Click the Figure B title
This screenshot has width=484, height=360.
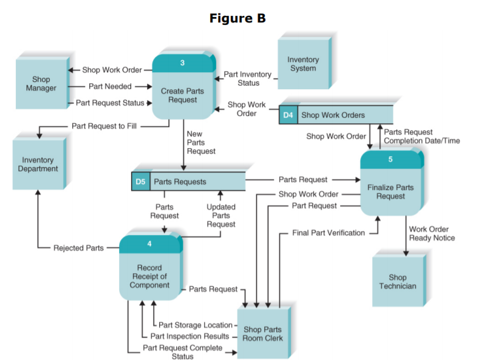(237, 18)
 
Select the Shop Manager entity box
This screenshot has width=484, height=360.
(41, 84)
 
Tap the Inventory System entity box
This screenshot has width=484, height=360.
(302, 64)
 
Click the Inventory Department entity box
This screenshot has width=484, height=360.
(38, 165)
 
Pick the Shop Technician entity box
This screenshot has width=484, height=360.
(398, 282)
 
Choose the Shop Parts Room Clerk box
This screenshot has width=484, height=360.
(262, 334)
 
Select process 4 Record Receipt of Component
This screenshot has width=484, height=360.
(149, 271)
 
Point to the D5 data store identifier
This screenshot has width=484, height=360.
(140, 181)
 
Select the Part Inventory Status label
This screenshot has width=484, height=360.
(248, 78)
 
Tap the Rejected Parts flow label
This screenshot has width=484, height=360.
(78, 248)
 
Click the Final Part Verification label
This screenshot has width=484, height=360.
(329, 233)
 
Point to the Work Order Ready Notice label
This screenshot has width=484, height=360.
(432, 234)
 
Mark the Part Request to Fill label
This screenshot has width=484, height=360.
(104, 126)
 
